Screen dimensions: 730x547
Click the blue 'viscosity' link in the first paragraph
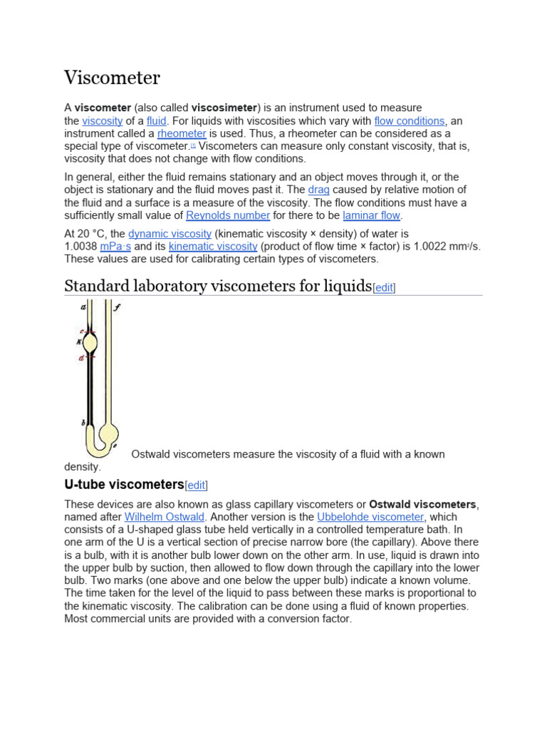103,121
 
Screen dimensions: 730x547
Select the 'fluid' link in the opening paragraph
156,121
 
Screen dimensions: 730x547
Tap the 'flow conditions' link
409,121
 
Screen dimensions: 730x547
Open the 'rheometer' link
182,133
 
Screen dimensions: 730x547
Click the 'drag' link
318,190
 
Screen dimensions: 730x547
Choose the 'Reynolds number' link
228,215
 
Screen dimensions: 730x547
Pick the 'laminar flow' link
372,215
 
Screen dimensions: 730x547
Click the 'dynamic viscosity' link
170,234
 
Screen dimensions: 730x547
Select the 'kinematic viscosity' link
213,247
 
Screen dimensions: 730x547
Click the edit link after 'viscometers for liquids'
384,288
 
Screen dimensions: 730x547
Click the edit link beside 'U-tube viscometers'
196,485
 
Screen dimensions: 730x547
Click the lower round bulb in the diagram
109,432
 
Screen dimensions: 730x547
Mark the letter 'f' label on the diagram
117,308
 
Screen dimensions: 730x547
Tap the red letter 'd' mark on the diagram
81,358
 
